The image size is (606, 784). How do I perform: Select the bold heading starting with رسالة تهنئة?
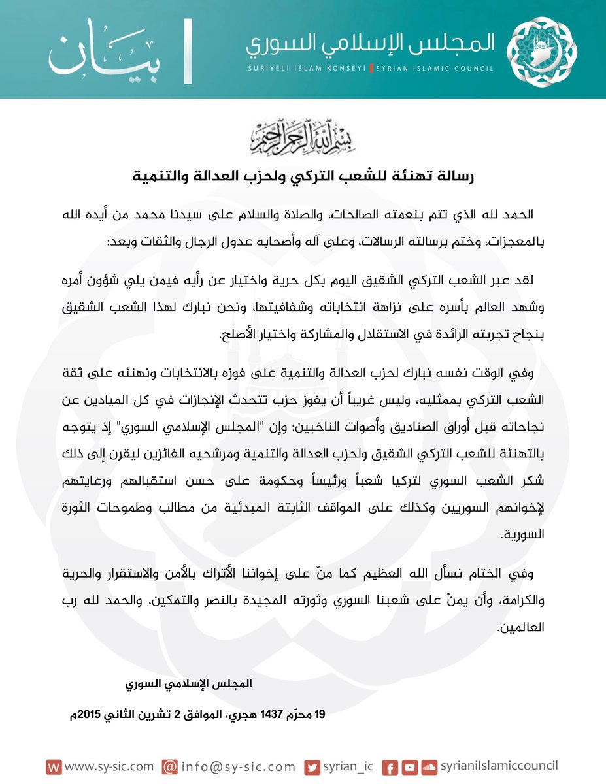tap(302, 176)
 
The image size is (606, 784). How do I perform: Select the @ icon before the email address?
tap(169, 766)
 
